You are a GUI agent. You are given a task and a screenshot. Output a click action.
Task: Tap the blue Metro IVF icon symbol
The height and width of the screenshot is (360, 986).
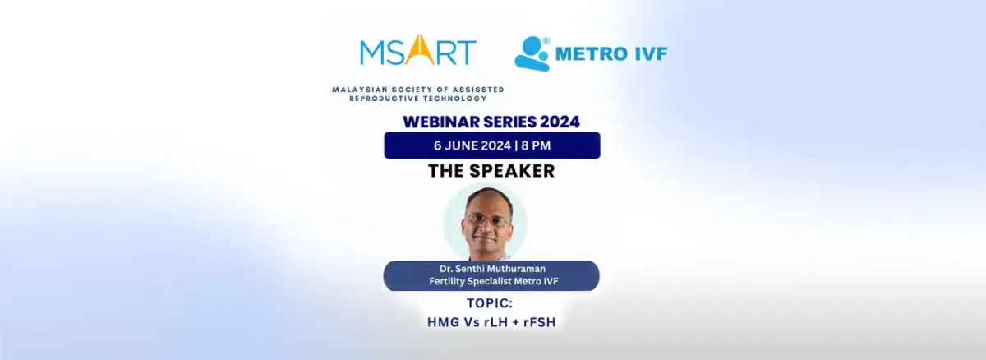click(x=532, y=53)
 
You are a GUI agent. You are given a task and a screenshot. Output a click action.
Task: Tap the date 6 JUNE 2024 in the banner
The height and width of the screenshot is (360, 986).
click(x=471, y=145)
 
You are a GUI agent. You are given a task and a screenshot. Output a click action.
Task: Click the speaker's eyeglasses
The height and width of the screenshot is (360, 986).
click(x=485, y=219)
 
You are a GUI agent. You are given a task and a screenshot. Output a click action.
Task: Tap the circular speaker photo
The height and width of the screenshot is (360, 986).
click(x=485, y=224)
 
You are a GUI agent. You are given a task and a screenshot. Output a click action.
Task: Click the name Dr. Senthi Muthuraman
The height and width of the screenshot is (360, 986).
click(x=491, y=270)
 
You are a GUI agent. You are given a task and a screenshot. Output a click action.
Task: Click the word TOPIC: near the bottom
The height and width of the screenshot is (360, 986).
click(x=491, y=302)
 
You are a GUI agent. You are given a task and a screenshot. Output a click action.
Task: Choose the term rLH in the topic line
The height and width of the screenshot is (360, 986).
click(x=490, y=322)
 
